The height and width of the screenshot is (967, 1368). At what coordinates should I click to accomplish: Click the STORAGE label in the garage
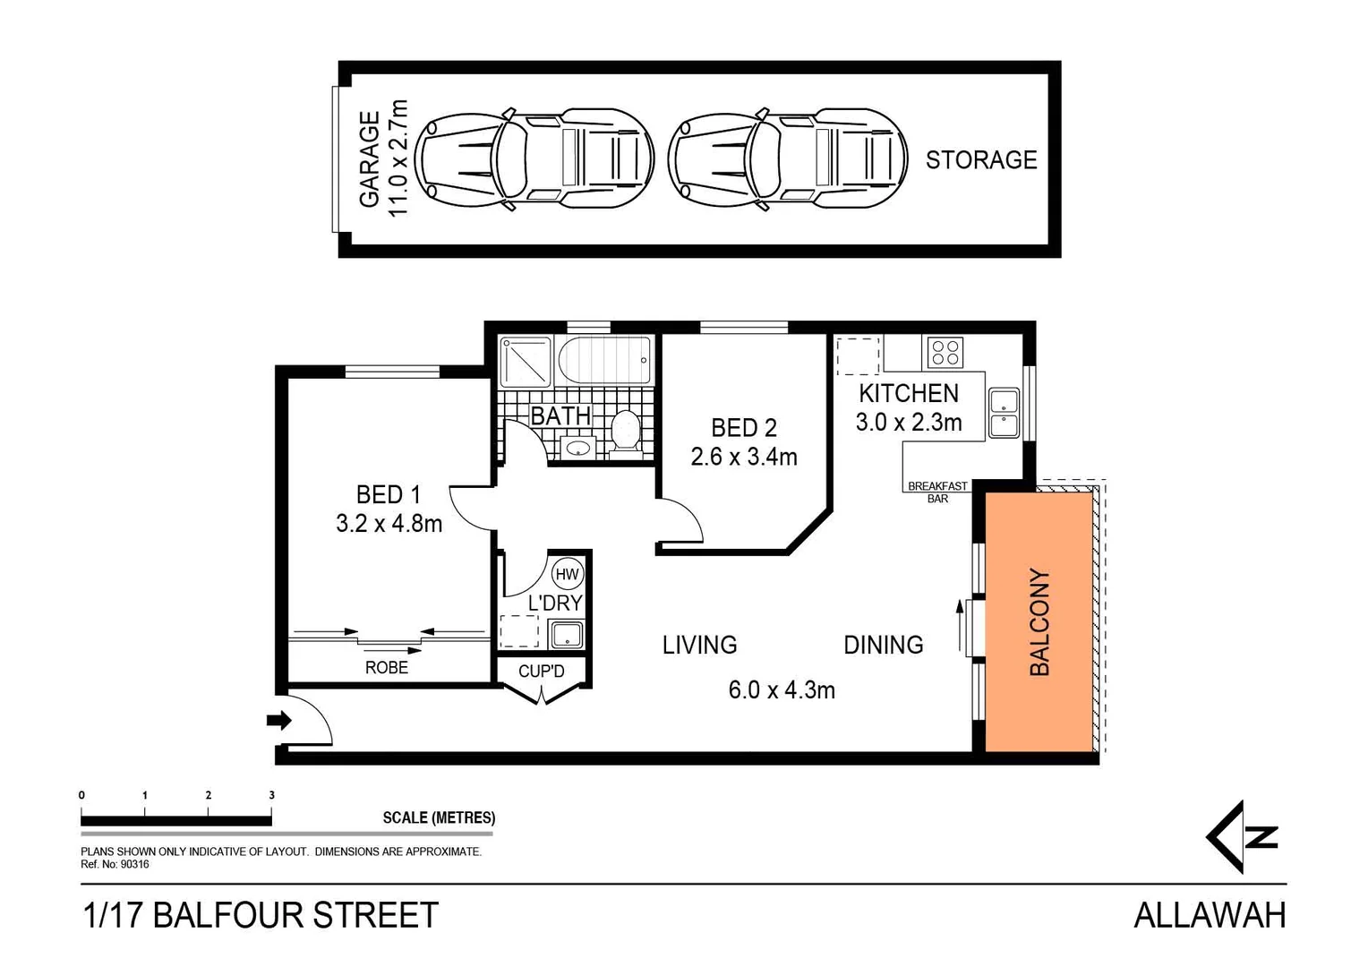[980, 160]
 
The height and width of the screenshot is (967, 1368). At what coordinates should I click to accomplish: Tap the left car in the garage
[534, 159]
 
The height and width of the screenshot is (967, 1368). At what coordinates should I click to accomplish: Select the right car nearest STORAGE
[787, 159]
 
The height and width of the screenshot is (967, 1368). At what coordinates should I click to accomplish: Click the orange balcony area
[1039, 621]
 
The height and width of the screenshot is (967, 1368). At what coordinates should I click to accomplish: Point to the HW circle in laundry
[567, 574]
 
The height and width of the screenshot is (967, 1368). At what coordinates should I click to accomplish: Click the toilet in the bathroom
[625, 431]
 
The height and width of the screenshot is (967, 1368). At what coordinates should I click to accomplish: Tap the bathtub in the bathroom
[604, 360]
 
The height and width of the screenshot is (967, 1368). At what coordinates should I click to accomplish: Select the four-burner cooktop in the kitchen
[945, 352]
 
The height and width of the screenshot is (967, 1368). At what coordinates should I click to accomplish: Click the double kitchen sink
[1004, 413]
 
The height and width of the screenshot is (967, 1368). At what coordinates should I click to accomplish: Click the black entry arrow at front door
[279, 720]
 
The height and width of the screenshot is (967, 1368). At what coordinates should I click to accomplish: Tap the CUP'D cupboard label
[542, 672]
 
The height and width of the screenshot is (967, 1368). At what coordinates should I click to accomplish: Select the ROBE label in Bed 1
[386, 668]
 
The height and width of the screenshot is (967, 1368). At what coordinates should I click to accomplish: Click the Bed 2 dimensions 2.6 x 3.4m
[743, 458]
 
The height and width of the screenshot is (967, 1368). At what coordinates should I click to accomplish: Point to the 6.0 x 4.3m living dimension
[781, 690]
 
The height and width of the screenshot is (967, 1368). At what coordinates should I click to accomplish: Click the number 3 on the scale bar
[271, 795]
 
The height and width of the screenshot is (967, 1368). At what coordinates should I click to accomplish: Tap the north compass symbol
[1241, 837]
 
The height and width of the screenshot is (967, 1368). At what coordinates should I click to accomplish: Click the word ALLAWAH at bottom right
[1210, 916]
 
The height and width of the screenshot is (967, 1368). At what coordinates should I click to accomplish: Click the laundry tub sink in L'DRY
[567, 635]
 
